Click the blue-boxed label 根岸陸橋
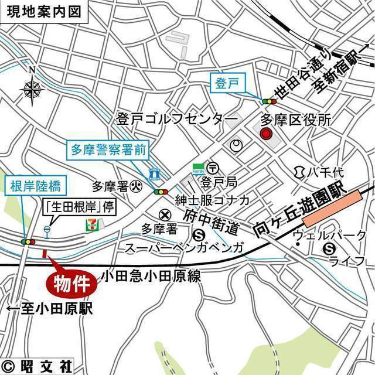(35, 186)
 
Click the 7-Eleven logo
(91, 224)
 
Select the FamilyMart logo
(199, 169)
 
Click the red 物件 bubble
(71, 283)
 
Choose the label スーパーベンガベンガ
(184, 248)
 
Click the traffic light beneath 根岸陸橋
(27, 241)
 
